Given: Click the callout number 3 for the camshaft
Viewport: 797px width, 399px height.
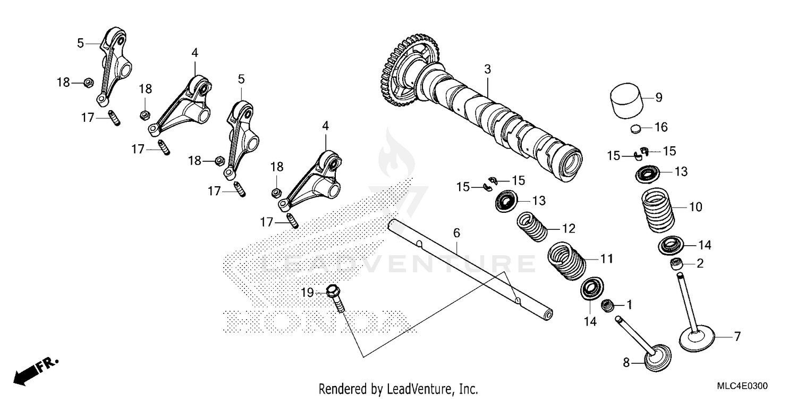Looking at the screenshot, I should [x=487, y=69].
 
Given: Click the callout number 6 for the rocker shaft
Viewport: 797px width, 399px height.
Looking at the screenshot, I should [x=456, y=233].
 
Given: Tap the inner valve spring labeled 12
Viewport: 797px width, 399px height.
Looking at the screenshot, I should [x=532, y=227].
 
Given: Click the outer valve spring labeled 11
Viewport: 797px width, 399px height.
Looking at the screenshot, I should [x=566, y=259].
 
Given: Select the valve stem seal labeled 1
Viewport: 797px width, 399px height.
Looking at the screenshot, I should [x=607, y=306].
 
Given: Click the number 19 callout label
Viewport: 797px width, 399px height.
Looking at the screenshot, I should [x=308, y=292].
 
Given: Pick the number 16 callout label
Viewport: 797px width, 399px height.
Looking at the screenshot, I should [x=660, y=128].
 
